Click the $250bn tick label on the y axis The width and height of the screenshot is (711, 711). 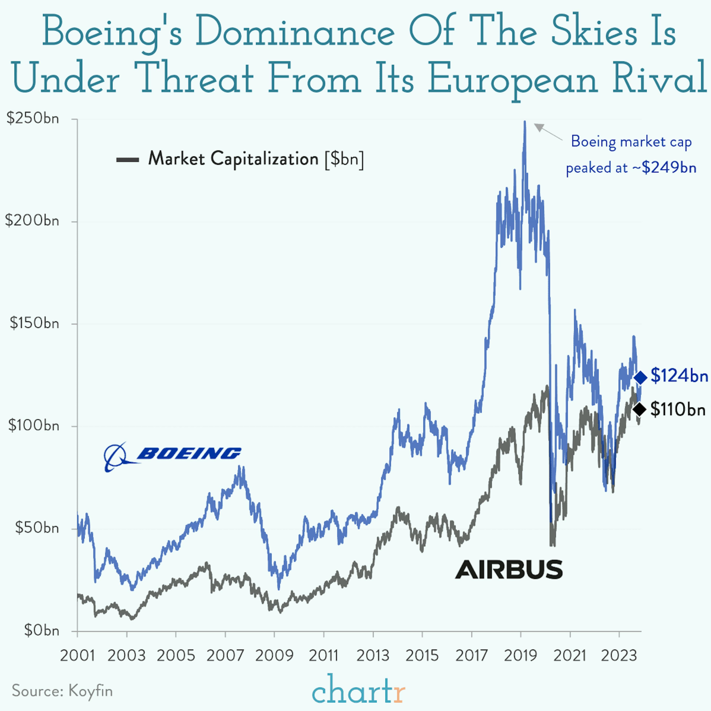[x=32, y=119]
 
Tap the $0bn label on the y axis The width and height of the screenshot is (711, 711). [x=41, y=630]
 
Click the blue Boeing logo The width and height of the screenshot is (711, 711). [x=172, y=456]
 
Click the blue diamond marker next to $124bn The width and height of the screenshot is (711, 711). [x=640, y=377]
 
